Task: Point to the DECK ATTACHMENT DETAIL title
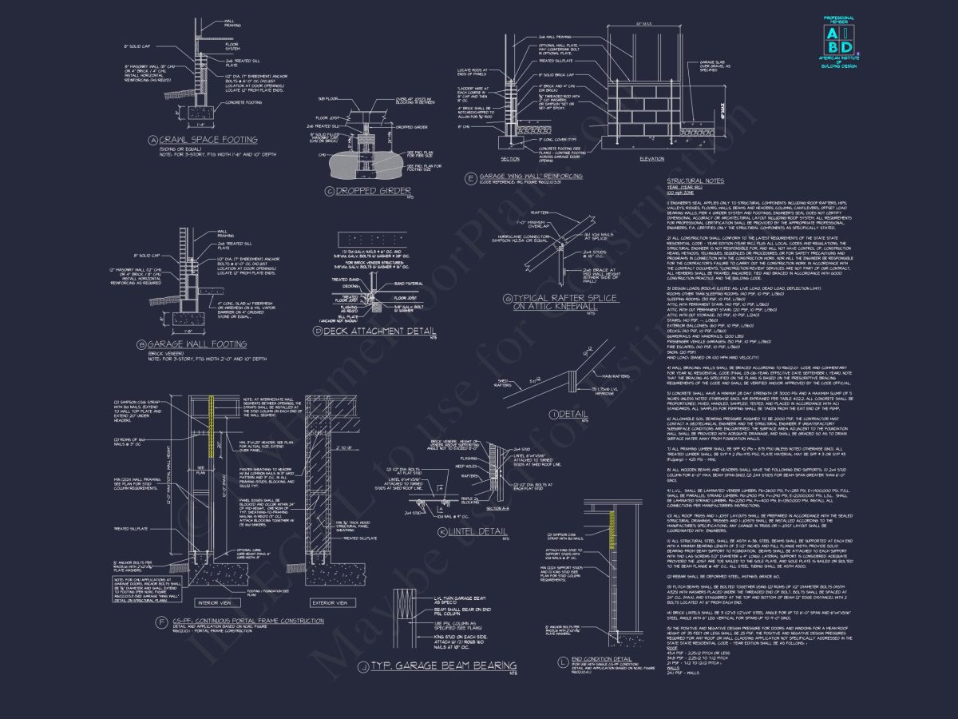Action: pos(367,332)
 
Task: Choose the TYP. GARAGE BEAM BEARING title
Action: pos(440,665)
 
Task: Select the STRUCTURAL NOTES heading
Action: pos(695,181)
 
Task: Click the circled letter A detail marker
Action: pos(152,141)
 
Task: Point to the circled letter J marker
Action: pos(362,665)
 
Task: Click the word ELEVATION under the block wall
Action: pos(652,158)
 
